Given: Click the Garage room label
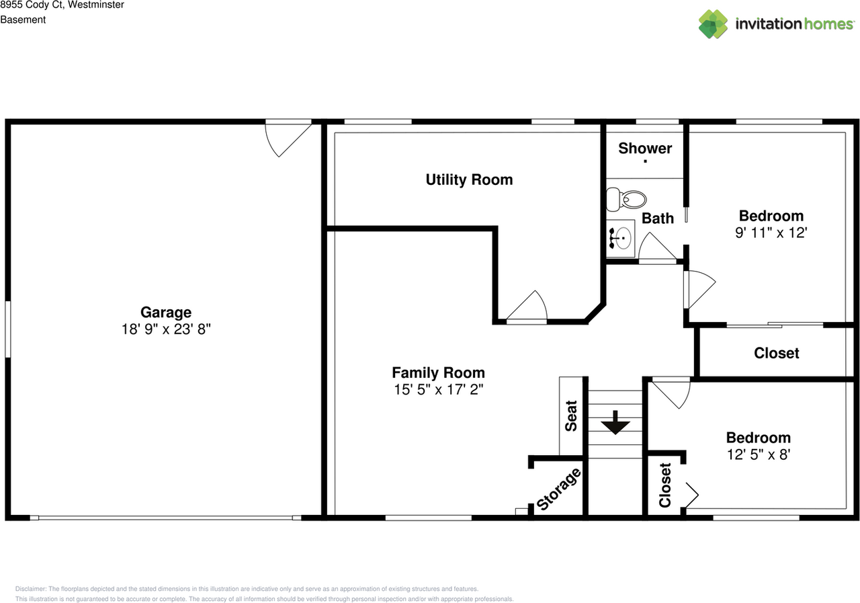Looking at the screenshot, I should pos(165,312).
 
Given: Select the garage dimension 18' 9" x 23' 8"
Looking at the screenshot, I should pos(165,329).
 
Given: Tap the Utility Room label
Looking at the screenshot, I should pos(469,179).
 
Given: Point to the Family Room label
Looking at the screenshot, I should pos(438,372).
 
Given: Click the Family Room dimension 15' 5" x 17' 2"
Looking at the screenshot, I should pos(438,389).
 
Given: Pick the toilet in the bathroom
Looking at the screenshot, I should pos(626,199).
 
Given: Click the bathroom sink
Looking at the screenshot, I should pos(621,238).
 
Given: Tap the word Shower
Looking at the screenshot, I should pos(645,149).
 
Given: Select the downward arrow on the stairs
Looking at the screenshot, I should pos(615,426).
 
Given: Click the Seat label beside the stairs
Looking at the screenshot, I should pos(571,416).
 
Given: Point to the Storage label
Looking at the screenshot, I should pos(559,489).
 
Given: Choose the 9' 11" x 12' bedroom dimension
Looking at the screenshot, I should pos(771,233).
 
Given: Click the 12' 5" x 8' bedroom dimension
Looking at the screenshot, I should pos(758,454).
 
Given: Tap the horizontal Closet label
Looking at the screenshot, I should pos(776,353).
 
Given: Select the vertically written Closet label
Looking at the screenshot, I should pos(665,485).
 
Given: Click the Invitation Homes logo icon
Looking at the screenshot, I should pos(713,24).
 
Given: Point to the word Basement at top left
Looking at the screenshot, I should pos(23,19).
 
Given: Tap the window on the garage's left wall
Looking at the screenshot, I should pos(8,329).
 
